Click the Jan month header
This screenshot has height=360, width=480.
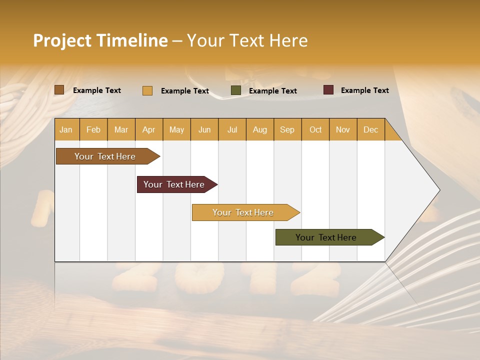(66, 129)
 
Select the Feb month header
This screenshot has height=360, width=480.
(93, 129)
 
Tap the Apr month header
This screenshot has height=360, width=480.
(148, 129)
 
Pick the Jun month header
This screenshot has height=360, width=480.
(204, 129)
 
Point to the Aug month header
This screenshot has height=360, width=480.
(259, 129)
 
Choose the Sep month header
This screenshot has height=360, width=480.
(287, 129)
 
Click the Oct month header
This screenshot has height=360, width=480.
(315, 129)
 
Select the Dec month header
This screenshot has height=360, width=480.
(370, 129)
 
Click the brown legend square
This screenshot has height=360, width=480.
(59, 90)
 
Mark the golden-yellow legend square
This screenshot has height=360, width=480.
(147, 90)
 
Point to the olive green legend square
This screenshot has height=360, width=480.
(236, 90)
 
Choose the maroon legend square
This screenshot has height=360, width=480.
(328, 90)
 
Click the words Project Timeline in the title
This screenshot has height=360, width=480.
(100, 40)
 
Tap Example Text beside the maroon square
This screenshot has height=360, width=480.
(364, 90)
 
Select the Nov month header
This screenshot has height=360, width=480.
(343, 129)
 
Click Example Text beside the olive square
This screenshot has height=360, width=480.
(272, 91)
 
